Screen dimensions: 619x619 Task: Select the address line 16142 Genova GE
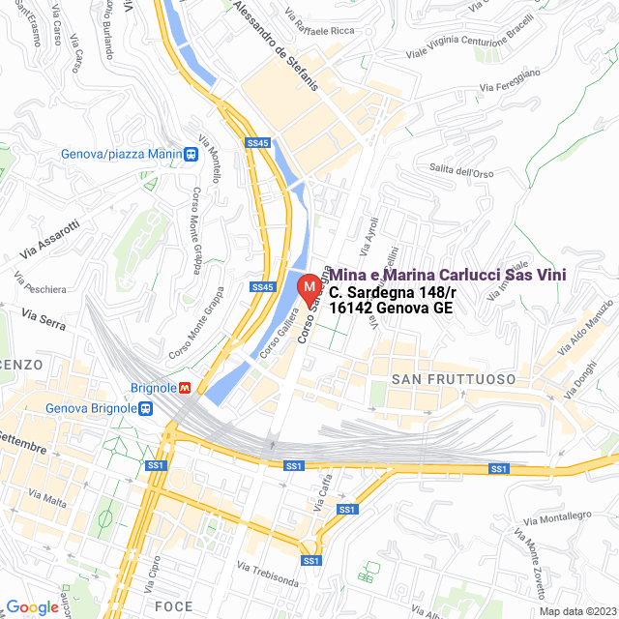[x=391, y=308]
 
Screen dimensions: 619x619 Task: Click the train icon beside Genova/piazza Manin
[x=192, y=153]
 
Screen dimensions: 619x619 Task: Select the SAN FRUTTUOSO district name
[x=454, y=379]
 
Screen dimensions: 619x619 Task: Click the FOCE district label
[x=173, y=606]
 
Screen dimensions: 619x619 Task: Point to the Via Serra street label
[x=43, y=321]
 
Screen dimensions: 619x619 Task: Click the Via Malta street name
[x=48, y=499]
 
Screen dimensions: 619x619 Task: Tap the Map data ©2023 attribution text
[x=577, y=610]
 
